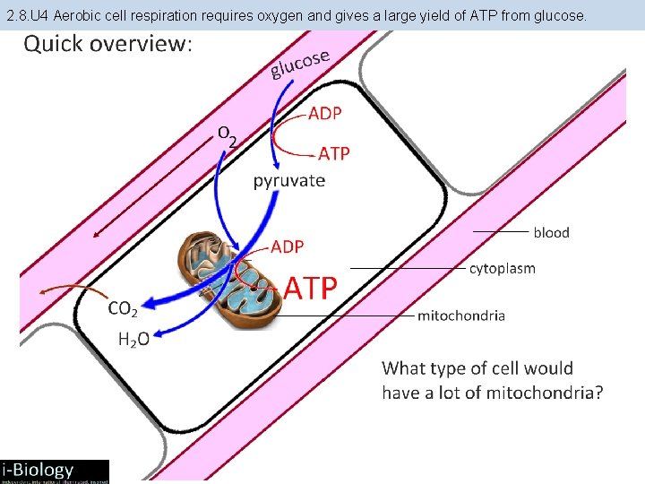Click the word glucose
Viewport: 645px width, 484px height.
[301, 62]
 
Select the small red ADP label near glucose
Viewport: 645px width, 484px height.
[324, 114]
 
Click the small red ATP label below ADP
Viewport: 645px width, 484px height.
[334, 154]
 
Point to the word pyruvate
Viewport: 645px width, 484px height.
[288, 180]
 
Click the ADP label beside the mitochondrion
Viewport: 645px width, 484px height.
[288, 246]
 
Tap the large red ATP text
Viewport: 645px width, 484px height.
[311, 288]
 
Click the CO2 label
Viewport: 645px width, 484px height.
[123, 309]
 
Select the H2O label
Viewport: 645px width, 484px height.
[133, 339]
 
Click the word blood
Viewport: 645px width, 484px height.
[551, 232]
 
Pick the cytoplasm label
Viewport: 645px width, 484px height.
[502, 268]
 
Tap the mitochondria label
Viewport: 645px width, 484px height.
[461, 315]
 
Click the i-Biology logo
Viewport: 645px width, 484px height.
[54, 470]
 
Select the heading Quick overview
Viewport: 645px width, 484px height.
[107, 44]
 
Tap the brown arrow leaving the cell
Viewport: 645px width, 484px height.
[67, 290]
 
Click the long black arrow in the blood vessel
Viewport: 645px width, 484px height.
[152, 188]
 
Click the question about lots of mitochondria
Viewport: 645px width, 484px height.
[492, 380]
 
